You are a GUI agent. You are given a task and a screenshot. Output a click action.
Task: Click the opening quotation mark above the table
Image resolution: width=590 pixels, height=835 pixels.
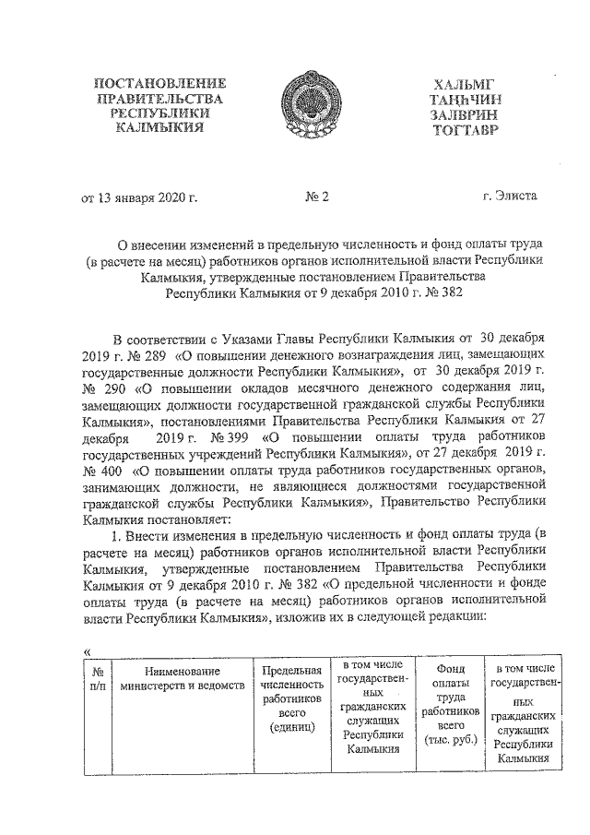[x=88, y=651]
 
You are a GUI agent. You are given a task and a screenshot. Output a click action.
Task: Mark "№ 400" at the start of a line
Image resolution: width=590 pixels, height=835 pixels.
[x=100, y=471]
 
